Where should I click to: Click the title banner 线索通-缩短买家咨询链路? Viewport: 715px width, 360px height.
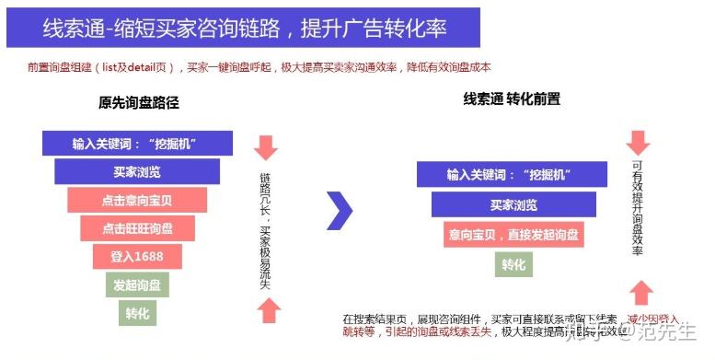point(243,28)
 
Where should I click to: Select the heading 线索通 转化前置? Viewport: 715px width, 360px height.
point(512,99)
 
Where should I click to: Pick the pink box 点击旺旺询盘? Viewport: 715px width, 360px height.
point(137,228)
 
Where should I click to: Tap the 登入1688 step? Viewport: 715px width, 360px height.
point(137,256)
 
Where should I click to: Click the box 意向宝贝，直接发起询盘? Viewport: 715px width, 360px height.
point(513,235)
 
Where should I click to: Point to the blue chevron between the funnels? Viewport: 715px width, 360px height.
point(340,211)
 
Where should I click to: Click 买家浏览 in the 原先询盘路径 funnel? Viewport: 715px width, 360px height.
point(137,172)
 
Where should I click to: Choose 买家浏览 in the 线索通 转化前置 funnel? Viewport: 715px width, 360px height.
point(513,204)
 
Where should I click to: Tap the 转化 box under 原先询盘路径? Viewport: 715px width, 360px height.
point(137,313)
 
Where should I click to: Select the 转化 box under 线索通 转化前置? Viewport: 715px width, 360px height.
point(513,265)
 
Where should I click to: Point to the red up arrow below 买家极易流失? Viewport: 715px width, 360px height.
point(267,311)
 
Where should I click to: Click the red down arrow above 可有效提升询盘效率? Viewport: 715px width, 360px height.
point(639,142)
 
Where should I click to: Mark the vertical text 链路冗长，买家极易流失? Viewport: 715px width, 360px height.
point(266,228)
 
